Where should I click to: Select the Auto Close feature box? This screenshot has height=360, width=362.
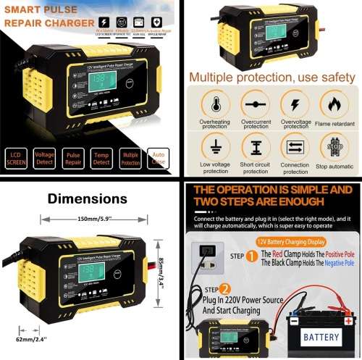click(x=159, y=159)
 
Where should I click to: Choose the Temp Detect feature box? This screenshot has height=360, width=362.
click(x=102, y=159)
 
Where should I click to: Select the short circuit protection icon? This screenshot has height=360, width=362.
click(x=255, y=146)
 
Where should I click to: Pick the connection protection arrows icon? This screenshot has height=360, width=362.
click(x=295, y=146)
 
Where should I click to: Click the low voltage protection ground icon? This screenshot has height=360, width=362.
click(x=215, y=146)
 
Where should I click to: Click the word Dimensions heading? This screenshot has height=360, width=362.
click(x=87, y=198)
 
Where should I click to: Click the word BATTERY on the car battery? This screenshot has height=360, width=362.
click(x=321, y=337)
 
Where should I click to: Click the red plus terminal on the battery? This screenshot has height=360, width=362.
click(x=349, y=319)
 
